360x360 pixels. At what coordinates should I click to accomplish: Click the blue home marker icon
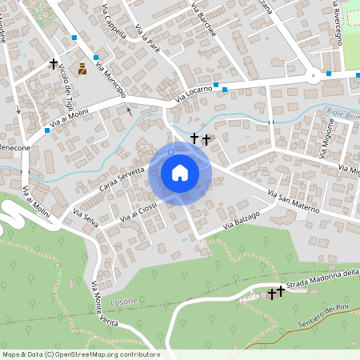[180, 172]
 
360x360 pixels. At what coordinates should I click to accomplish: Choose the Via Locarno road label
[194, 94]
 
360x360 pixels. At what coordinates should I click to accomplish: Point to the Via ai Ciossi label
[139, 209]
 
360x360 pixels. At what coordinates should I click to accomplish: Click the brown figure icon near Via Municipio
[82, 69]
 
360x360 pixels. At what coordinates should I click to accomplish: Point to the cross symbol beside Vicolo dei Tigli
[54, 63]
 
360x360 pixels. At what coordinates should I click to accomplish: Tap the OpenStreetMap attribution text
[80, 354]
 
